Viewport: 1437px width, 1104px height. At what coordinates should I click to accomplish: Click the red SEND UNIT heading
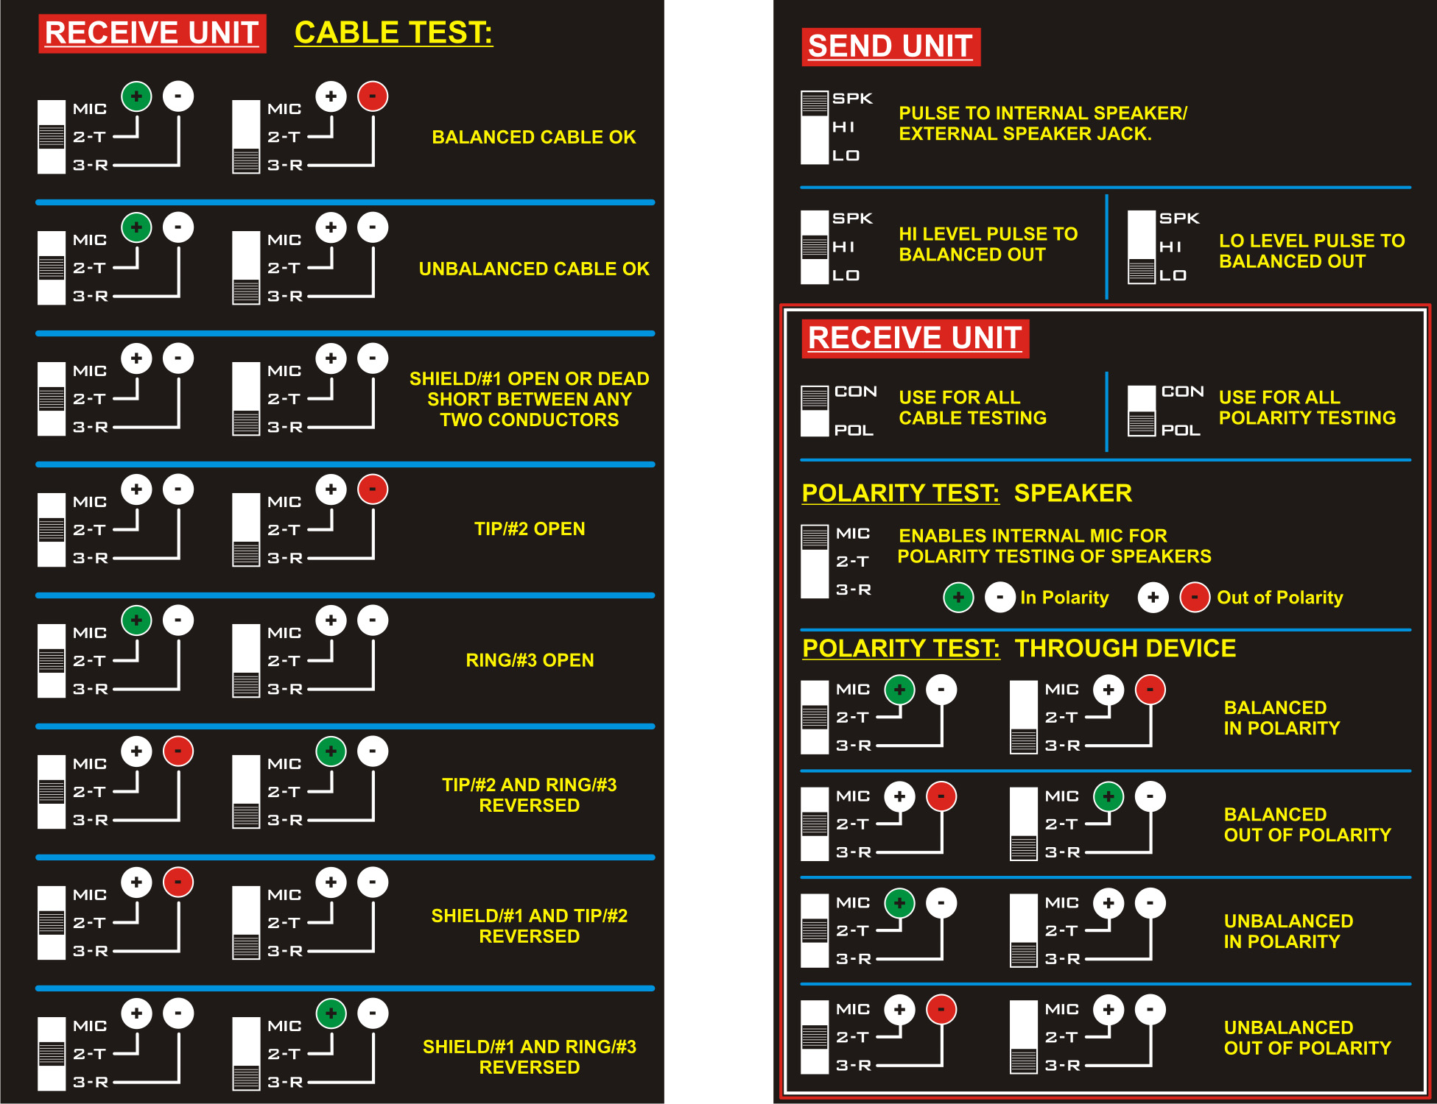890,46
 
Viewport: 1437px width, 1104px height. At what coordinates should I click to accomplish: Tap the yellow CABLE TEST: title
393,33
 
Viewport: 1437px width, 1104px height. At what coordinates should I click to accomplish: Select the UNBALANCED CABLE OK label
534,269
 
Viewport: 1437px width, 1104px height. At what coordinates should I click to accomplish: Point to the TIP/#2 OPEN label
530,528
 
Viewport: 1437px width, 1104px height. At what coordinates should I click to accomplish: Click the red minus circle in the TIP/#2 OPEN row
373,489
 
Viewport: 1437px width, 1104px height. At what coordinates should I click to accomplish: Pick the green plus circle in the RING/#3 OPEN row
136,620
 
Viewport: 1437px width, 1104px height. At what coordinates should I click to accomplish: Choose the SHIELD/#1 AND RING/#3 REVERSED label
530,1057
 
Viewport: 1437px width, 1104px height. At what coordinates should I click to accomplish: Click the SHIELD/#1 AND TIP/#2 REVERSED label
530,926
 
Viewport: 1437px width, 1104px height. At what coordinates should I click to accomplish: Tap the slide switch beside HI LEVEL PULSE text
815,247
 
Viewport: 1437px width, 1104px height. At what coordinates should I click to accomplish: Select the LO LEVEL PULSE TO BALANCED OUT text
1312,251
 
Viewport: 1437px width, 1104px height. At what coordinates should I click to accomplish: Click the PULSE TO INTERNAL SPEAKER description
1043,123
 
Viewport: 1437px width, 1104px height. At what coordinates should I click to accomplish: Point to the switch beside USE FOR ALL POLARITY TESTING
1142,411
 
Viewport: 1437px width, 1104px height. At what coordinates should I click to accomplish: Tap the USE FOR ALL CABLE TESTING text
972,408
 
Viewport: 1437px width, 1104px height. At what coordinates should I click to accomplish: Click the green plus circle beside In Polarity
958,598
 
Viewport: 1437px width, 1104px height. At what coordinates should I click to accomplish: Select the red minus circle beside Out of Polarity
1195,598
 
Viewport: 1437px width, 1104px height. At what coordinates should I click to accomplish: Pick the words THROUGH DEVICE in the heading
1125,648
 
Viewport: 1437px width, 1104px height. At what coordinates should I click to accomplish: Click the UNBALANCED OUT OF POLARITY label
1307,1038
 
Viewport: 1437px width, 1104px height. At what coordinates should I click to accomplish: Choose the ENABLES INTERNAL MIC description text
1054,546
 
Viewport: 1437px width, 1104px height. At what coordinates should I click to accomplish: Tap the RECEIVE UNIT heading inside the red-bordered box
915,339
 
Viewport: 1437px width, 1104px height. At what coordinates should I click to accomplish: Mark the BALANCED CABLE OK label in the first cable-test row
534,137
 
